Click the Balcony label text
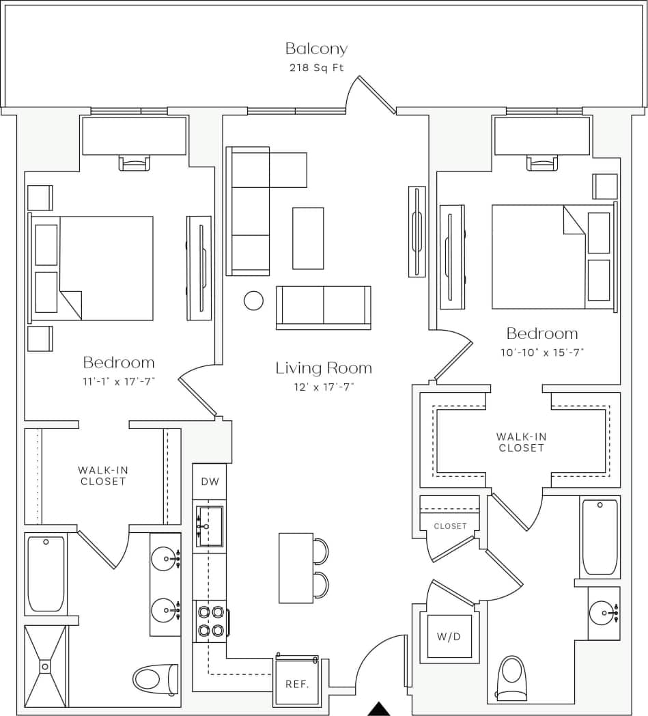pos(316,49)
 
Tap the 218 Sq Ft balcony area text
pos(316,68)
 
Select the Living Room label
pos(324,368)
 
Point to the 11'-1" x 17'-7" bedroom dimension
pos(119,381)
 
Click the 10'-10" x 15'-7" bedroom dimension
pos(541,353)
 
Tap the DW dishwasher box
pos(210,482)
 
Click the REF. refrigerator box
pos(296,683)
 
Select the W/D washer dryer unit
pos(449,637)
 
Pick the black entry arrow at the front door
pos(378,709)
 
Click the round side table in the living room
pos(253,300)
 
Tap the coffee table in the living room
pos(308,238)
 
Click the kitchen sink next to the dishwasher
pos(210,526)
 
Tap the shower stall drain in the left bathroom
pos(45,665)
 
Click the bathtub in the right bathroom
pos(600,537)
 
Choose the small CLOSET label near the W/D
pos(450,526)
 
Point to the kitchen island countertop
pos(296,568)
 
